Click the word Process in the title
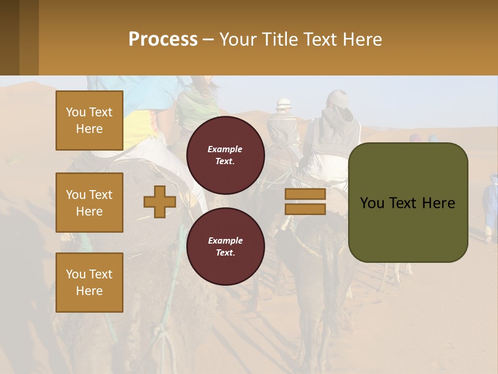[163, 39]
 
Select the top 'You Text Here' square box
[89, 121]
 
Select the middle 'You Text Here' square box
[89, 203]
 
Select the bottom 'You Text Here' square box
[89, 283]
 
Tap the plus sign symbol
[160, 202]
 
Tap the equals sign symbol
[305, 202]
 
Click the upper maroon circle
[226, 155]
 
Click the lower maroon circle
[226, 247]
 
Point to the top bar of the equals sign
[305, 194]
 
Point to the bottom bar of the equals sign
[305, 209]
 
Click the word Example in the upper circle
[225, 149]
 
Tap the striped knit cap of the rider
[340, 97]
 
